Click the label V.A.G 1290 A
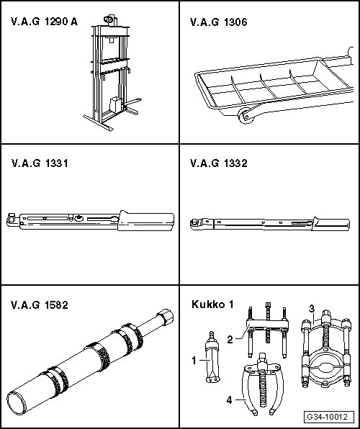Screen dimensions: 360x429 pos(44,22)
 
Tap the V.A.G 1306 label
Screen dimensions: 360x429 pos(218,22)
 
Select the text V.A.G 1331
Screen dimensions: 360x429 pos(40,163)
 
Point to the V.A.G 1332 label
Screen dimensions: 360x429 pos(218,163)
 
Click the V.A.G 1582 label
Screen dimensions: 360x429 pos(40,304)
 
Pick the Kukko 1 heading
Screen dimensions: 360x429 pos(212,304)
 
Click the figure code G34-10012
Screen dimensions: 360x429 pos(327,417)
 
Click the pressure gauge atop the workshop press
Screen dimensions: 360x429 pos(109,19)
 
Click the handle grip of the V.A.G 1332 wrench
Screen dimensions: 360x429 pos(330,225)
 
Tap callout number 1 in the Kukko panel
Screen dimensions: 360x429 pos(194,361)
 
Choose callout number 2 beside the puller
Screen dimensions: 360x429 pos(230,340)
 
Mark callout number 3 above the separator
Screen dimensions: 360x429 pos(312,308)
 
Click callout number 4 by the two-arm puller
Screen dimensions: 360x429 pos(230,400)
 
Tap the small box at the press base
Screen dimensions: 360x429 pos(115,105)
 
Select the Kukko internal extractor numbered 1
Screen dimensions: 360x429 pos(212,357)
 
